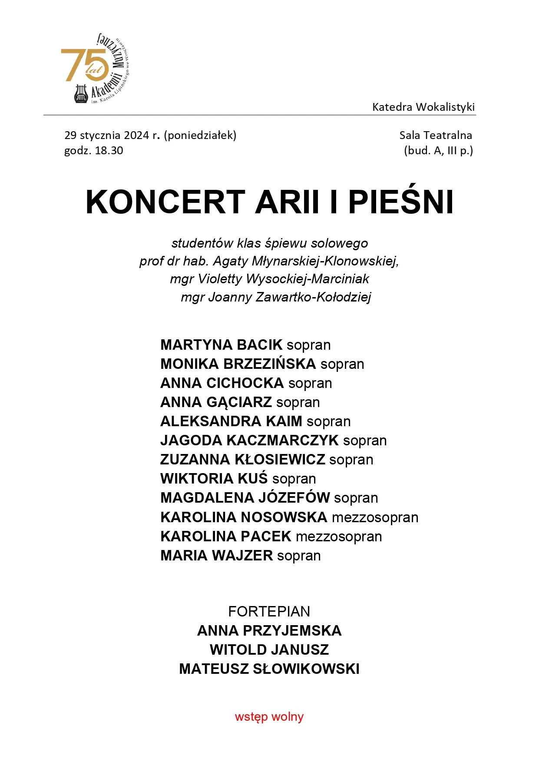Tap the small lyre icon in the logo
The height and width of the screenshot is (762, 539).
81,93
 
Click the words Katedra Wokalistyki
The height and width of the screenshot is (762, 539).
423,107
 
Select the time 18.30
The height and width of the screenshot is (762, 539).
109,151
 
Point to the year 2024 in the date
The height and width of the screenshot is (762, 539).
136,136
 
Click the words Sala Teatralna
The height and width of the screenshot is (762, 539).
436,136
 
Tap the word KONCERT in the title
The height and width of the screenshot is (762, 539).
165,202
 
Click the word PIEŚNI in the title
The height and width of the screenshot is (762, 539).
401,202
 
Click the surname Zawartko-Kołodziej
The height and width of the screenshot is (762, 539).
311,298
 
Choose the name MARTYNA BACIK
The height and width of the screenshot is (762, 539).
222,345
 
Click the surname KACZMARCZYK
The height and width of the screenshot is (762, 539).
282,441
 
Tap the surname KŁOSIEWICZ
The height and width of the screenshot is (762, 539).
280,460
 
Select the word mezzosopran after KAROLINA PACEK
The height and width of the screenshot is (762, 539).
339,537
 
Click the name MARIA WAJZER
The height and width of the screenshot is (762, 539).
216,556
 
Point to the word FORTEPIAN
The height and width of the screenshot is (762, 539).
269,612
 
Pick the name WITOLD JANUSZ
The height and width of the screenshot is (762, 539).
269,650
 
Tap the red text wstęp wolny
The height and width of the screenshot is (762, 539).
269,717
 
